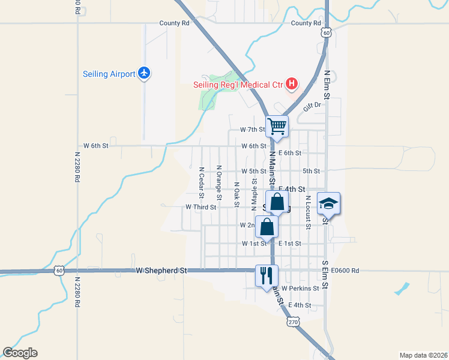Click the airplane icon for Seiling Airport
coord(143,73)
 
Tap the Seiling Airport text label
coord(109,74)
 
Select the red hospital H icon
coord(291,83)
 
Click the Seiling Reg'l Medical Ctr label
coord(238,85)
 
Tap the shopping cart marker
coord(277,126)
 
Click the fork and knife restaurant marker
coord(267,275)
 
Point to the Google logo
coord(20,353)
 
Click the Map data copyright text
coord(424,355)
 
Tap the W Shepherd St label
coord(161,271)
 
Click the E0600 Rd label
coord(344,271)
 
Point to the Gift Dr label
coord(312,105)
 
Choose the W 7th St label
coord(252,129)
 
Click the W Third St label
coord(200,206)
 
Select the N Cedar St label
coord(201,182)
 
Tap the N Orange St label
coord(219,182)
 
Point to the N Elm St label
coord(327,85)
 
